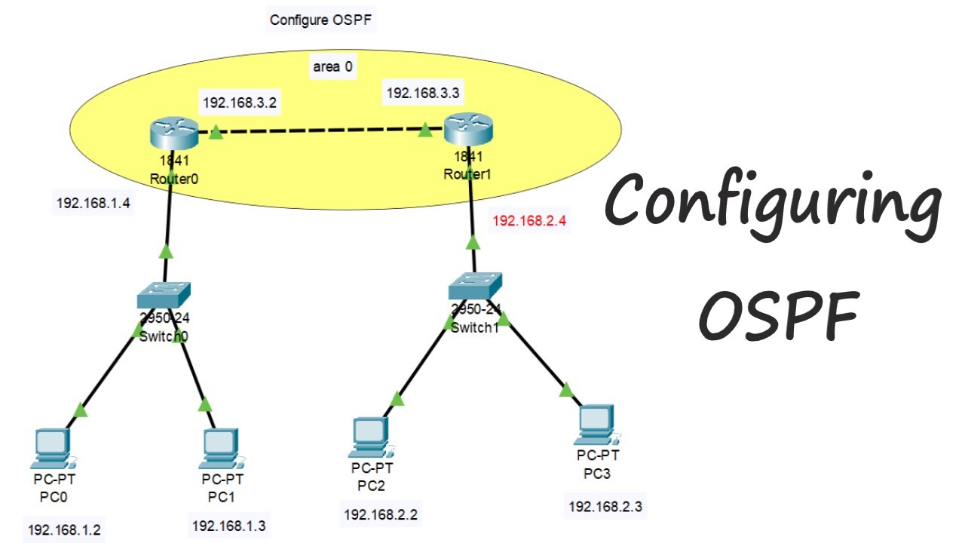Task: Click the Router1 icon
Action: coord(467,130)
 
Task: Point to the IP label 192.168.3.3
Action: coord(423,93)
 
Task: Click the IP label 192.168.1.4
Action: coord(92,203)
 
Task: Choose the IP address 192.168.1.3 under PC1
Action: coord(228,526)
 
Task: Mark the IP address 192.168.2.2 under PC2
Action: coord(381,515)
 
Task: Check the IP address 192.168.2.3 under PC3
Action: coord(605,506)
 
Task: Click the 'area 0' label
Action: coord(332,66)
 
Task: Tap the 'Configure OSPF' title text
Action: coord(322,20)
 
